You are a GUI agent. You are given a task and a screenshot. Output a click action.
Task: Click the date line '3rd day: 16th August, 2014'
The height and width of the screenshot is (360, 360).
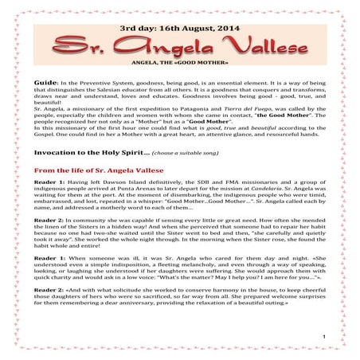179,26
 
